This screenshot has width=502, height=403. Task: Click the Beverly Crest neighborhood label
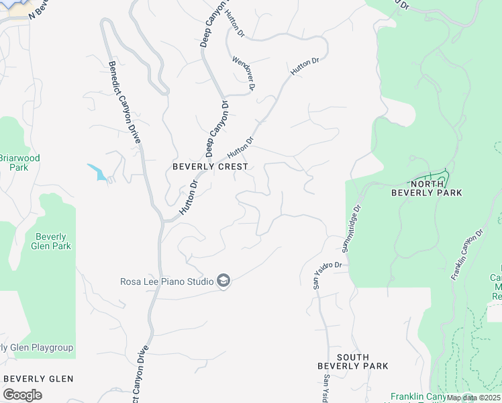pos(210,166)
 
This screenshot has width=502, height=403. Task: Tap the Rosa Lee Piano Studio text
pos(167,281)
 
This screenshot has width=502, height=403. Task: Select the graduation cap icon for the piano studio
pos(224,281)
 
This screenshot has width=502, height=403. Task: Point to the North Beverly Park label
pos(436,188)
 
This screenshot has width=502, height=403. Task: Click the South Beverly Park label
pos(353,361)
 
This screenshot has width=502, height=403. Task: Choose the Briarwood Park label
pos(19,163)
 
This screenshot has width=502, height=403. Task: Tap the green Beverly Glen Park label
pos(51,241)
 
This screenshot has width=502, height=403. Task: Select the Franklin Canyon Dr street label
pos(467,255)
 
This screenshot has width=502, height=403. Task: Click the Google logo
pos(22,395)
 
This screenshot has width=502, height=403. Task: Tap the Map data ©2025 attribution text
pos(473,398)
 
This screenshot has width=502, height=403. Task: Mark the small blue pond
pos(97,173)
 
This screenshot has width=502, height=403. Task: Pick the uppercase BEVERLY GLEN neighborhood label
pos(38,379)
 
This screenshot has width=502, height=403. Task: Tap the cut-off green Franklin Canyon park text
pos(417,397)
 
